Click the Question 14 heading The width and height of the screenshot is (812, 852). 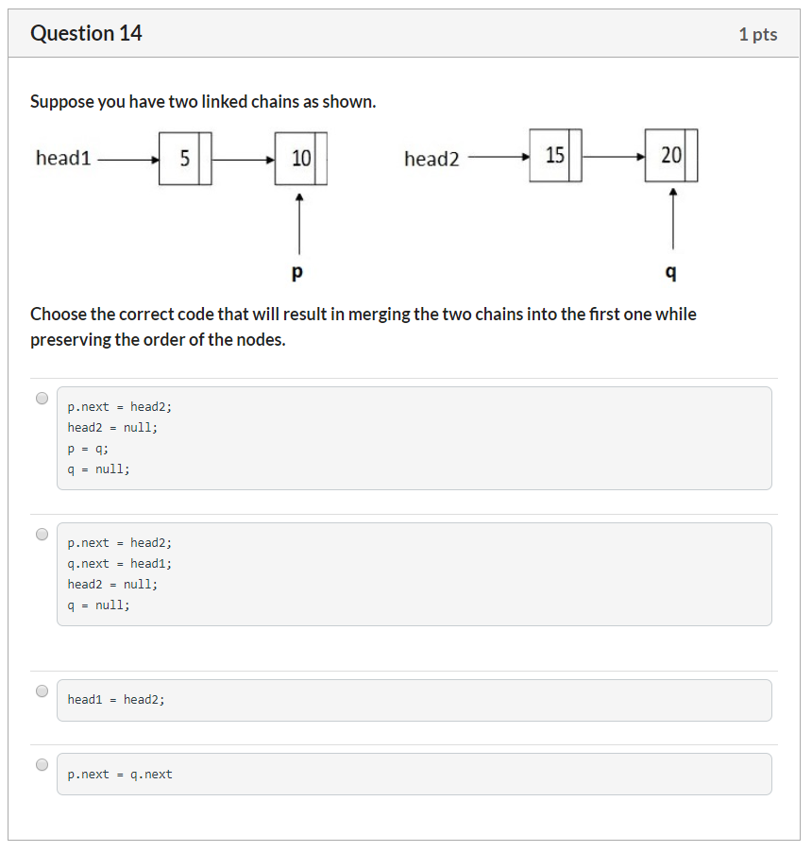(x=86, y=34)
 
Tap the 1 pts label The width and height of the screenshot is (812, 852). (x=757, y=35)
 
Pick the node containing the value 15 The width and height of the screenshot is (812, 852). (x=555, y=155)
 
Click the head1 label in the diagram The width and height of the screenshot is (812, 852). (x=63, y=159)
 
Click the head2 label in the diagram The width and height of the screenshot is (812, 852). (x=431, y=159)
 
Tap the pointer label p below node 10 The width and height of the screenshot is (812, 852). (x=298, y=273)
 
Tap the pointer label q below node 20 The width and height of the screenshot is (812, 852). (x=671, y=273)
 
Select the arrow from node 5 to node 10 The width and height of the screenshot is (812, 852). (x=243, y=160)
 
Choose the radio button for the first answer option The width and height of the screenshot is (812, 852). (x=42, y=398)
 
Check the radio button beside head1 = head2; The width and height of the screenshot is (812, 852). (x=42, y=690)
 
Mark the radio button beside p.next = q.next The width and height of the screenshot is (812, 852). (x=42, y=764)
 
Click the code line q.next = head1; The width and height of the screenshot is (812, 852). (x=119, y=564)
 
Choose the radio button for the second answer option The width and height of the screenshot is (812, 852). (x=42, y=534)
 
